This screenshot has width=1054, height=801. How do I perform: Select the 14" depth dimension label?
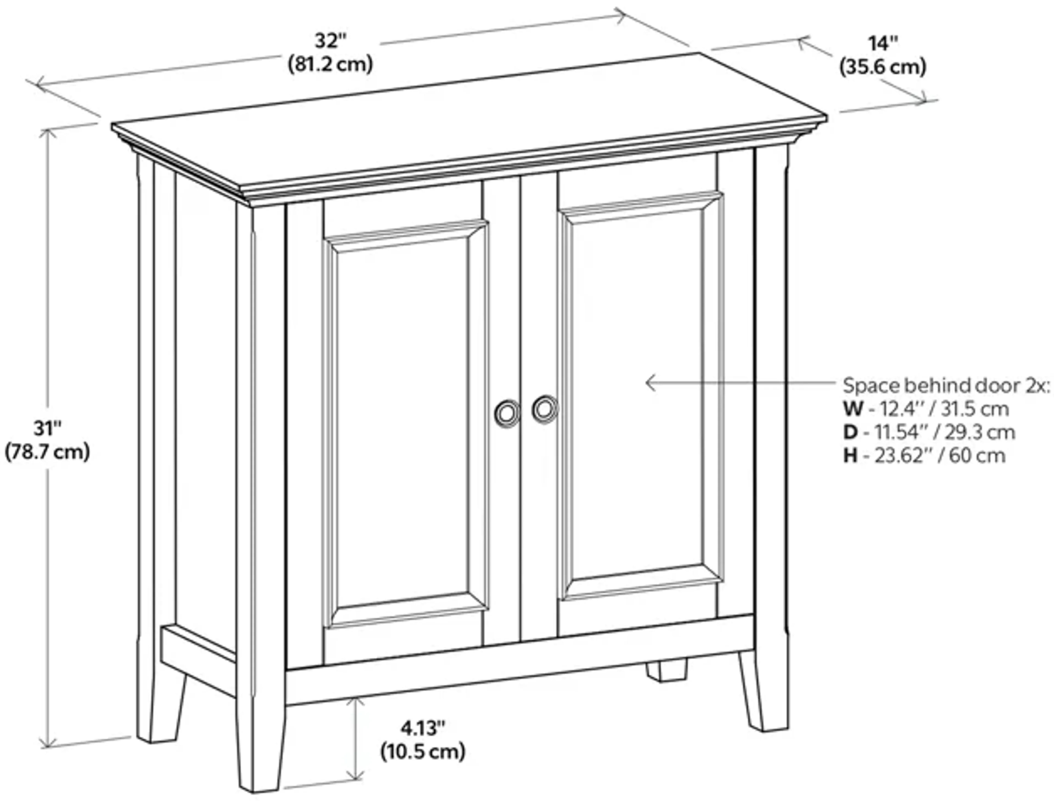(883, 44)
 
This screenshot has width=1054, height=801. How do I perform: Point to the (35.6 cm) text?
(883, 67)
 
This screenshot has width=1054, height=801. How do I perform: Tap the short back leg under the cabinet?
(666, 671)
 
